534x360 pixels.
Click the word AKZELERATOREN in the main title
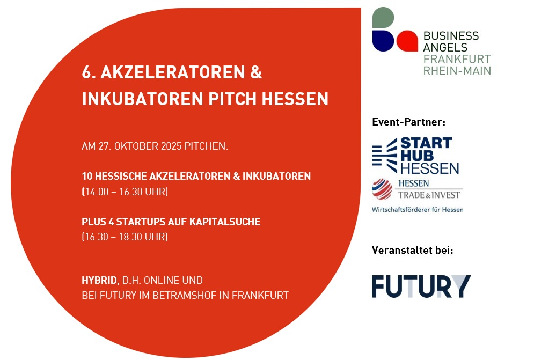(173, 72)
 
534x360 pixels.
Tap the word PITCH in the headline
(232, 99)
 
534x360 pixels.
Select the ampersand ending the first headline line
(256, 72)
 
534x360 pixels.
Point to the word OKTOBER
(136, 146)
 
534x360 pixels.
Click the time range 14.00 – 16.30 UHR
(125, 192)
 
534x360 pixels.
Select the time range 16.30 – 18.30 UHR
(125, 237)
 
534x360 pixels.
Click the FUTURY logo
(421, 286)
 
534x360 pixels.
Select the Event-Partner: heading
(408, 122)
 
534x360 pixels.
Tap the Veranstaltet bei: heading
(412, 251)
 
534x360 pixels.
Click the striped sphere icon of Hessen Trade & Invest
(382, 189)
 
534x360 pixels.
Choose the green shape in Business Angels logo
(383, 17)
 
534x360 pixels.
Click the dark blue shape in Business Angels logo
(383, 41)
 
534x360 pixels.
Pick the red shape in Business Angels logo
(407, 41)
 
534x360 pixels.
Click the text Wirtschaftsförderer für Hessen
(418, 209)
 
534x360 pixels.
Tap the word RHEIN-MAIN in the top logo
(457, 70)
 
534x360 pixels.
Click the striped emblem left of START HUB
(385, 155)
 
